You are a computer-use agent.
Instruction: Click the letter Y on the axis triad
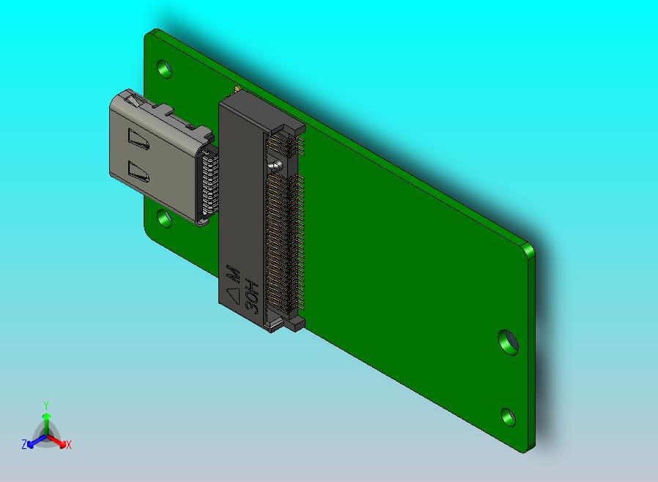coord(45,405)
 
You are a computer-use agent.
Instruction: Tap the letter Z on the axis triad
coord(24,444)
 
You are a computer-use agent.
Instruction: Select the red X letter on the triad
coord(68,444)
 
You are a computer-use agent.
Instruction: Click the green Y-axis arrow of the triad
coord(45,422)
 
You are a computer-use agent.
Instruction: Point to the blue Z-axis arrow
coord(34,440)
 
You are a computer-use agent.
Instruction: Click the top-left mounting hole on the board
coord(166,70)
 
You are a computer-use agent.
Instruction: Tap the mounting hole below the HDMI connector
coord(163,218)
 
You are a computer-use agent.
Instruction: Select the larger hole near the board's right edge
coord(507,341)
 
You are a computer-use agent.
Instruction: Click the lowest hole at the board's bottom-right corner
coord(508,416)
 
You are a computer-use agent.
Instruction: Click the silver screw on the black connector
coord(275,165)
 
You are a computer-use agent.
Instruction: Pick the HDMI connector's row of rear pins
coord(209,183)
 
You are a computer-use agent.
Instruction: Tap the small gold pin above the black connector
coord(236,89)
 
